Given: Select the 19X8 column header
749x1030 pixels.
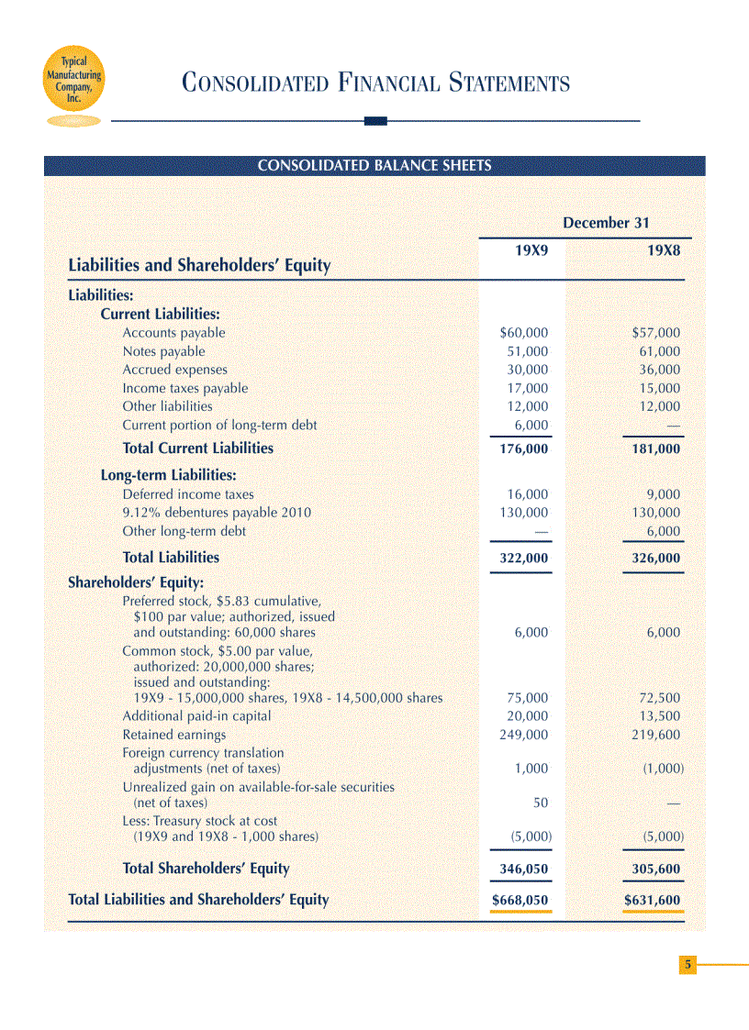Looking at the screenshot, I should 664,249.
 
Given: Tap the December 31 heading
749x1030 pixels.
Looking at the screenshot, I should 606,223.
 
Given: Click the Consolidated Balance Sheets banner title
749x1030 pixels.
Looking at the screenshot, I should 374,166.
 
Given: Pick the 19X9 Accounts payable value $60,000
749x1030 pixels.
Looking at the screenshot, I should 523,333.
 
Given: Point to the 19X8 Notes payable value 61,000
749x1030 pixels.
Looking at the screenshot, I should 659,351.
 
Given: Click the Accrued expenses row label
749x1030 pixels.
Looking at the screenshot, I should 174,370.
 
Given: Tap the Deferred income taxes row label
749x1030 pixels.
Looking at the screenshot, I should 188,494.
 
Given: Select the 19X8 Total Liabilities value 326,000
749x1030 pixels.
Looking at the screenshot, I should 653,558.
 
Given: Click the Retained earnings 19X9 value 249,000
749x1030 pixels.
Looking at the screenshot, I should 523,735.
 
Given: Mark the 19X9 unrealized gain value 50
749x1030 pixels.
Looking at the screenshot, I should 541,803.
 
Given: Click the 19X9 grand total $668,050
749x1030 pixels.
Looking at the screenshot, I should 520,901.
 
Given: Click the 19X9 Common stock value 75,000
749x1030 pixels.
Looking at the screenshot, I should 528,698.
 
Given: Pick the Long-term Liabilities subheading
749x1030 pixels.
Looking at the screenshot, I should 168,475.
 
